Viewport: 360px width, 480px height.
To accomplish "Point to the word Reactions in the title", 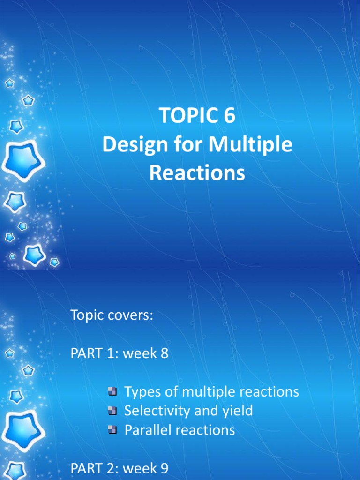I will pos(197,173).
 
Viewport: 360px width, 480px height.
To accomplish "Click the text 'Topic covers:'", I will pos(112,315).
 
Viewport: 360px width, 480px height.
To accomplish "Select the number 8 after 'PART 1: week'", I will pos(164,353).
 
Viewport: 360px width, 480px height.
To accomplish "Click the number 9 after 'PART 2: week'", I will pos(165,468).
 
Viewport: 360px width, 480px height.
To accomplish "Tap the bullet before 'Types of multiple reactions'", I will pos(112,391).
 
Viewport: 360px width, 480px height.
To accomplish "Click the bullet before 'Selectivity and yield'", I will pos(112,411).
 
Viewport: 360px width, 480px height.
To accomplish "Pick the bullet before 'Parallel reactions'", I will pos(112,430).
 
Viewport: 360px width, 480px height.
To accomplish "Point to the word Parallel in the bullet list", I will pos(149,430).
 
